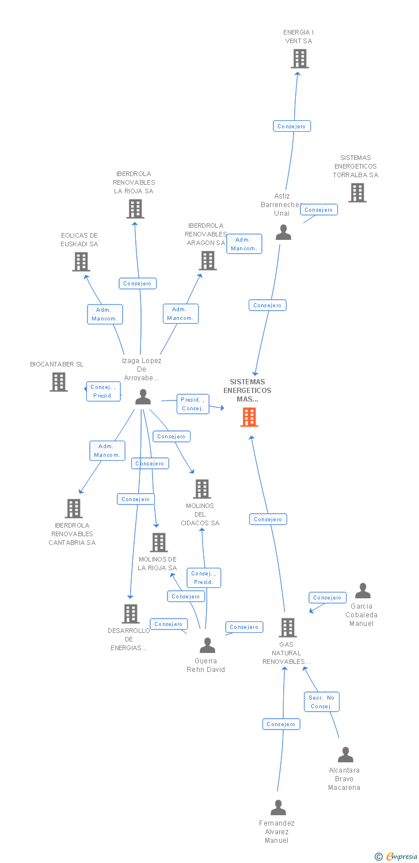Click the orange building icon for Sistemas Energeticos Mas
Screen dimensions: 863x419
click(249, 417)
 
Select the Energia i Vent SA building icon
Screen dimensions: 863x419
click(299, 59)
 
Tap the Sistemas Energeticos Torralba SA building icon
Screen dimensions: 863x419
click(357, 193)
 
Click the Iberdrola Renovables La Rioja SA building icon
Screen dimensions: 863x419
click(135, 209)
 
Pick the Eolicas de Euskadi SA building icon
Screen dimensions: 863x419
click(81, 262)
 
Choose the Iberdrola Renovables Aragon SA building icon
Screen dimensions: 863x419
click(208, 261)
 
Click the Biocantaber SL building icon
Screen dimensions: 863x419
click(58, 382)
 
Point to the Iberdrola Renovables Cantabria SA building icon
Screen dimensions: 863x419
click(73, 509)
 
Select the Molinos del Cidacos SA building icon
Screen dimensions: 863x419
click(201, 489)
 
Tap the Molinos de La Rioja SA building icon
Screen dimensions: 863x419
click(158, 543)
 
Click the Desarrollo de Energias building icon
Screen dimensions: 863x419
click(131, 614)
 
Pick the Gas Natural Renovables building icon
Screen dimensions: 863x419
click(287, 628)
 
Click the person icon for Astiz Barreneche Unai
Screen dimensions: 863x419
click(283, 232)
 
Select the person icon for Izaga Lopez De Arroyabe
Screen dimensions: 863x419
click(143, 397)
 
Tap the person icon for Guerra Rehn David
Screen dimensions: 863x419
click(207, 646)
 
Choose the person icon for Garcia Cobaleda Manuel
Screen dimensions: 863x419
click(363, 591)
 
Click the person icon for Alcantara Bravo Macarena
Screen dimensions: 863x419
click(345, 755)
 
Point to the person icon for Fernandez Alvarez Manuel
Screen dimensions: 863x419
click(278, 808)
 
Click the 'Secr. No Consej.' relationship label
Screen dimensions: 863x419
click(322, 702)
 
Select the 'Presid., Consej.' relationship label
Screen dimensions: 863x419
click(192, 404)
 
